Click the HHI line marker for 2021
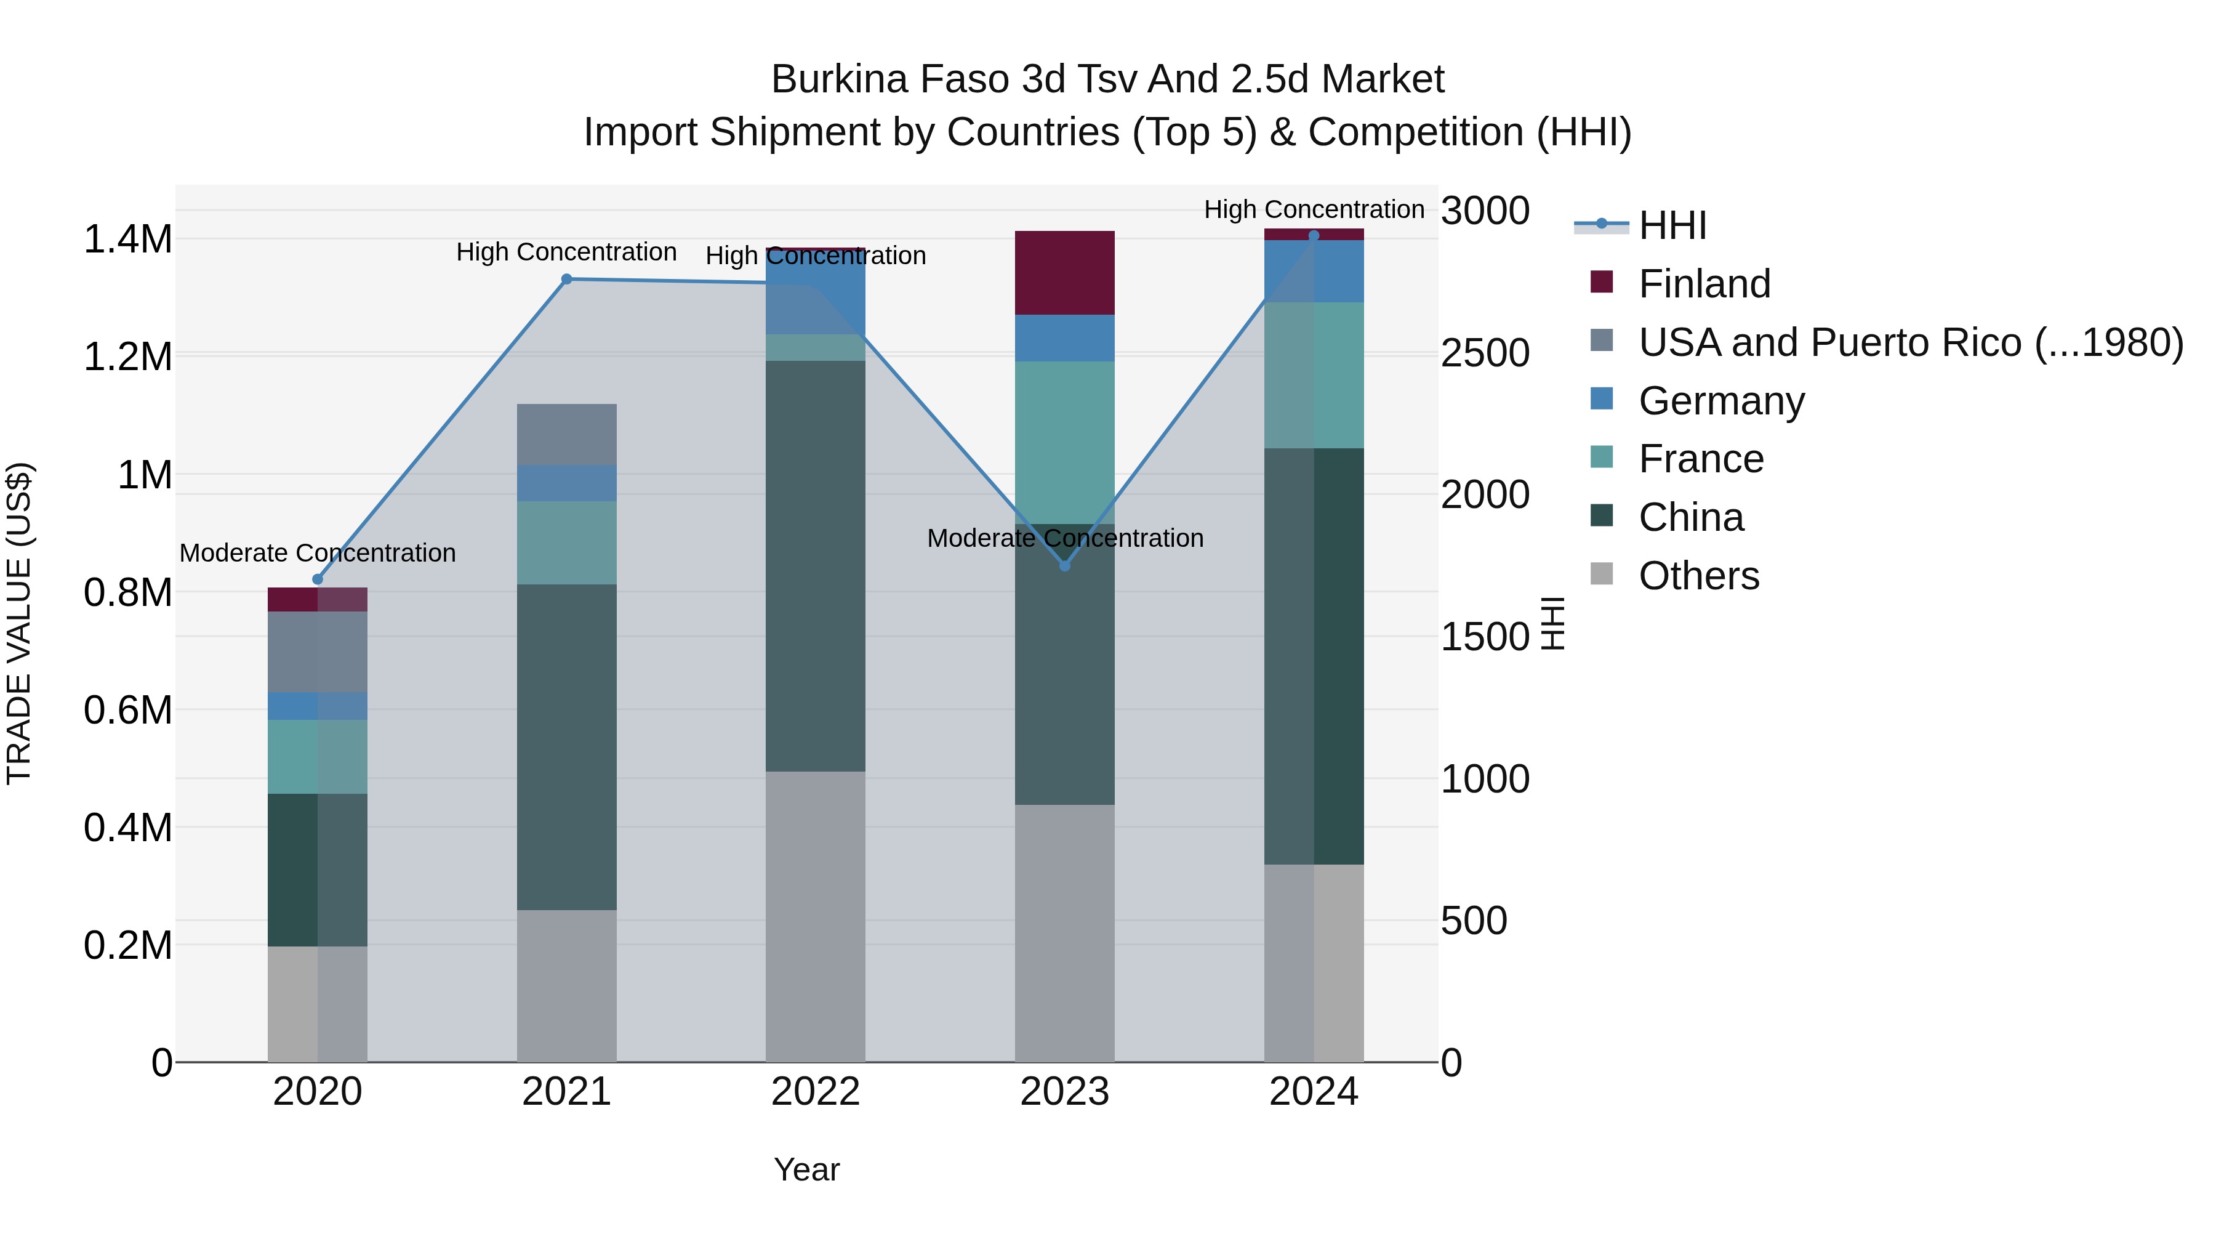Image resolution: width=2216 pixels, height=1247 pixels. [x=566, y=279]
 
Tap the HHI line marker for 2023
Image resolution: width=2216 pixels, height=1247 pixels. [x=1064, y=565]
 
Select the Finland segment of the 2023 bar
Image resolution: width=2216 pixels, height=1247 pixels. [x=1064, y=273]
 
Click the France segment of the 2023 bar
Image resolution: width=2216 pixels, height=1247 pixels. [x=1064, y=442]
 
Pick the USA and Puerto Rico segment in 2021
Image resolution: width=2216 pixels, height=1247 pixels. [x=566, y=435]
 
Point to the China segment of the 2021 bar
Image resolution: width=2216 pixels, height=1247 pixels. [x=566, y=747]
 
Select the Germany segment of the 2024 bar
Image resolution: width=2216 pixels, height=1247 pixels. [x=1314, y=271]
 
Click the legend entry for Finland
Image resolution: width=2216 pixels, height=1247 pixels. [x=1703, y=284]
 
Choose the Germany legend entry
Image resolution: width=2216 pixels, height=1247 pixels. [x=1720, y=401]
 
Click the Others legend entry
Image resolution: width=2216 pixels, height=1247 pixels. [x=1698, y=576]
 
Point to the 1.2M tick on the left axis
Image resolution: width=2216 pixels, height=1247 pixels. [x=127, y=357]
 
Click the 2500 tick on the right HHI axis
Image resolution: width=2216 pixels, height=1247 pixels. [x=1485, y=353]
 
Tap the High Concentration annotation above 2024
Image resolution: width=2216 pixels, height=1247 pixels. [x=1314, y=209]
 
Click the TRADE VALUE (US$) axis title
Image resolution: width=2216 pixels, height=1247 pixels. [x=19, y=623]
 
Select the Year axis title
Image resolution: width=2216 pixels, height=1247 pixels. [x=806, y=1169]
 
